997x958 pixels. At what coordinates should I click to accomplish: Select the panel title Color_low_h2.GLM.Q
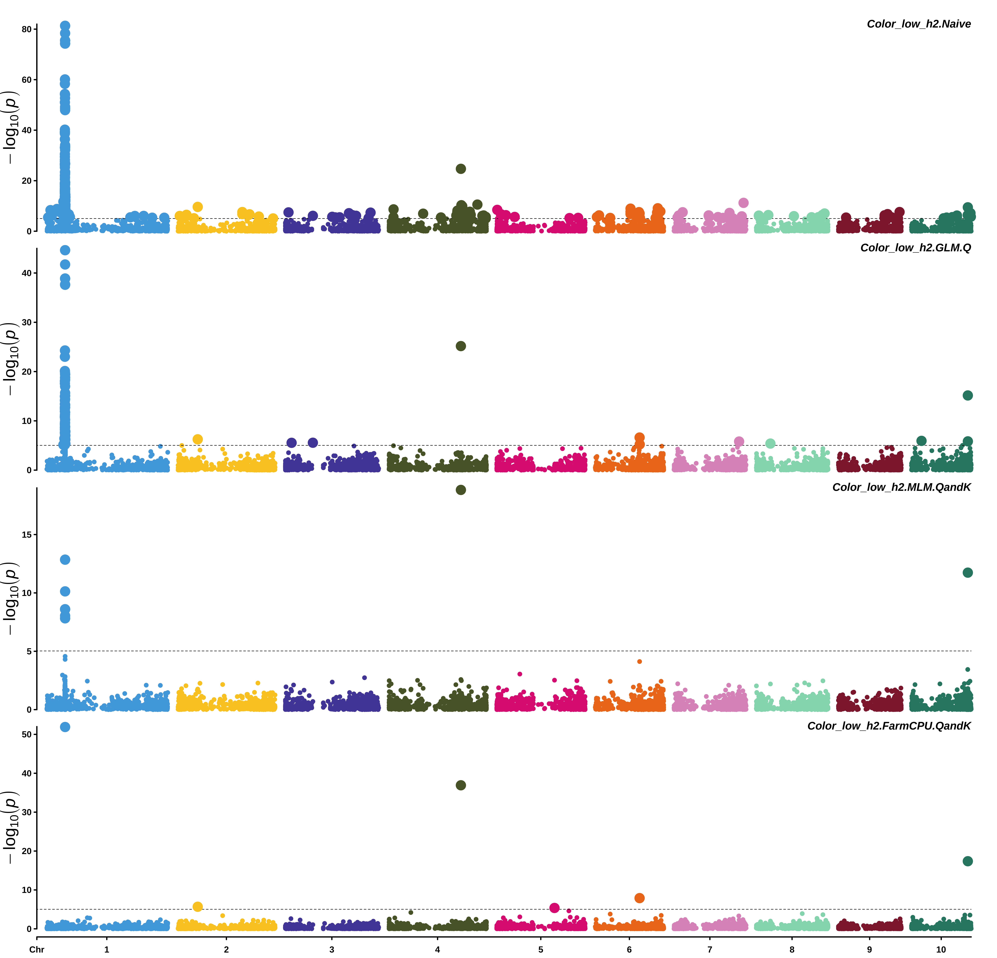(x=915, y=248)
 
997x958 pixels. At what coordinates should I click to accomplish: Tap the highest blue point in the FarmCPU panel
(x=65, y=727)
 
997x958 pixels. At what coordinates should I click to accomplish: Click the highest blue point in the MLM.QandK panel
(x=65, y=559)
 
